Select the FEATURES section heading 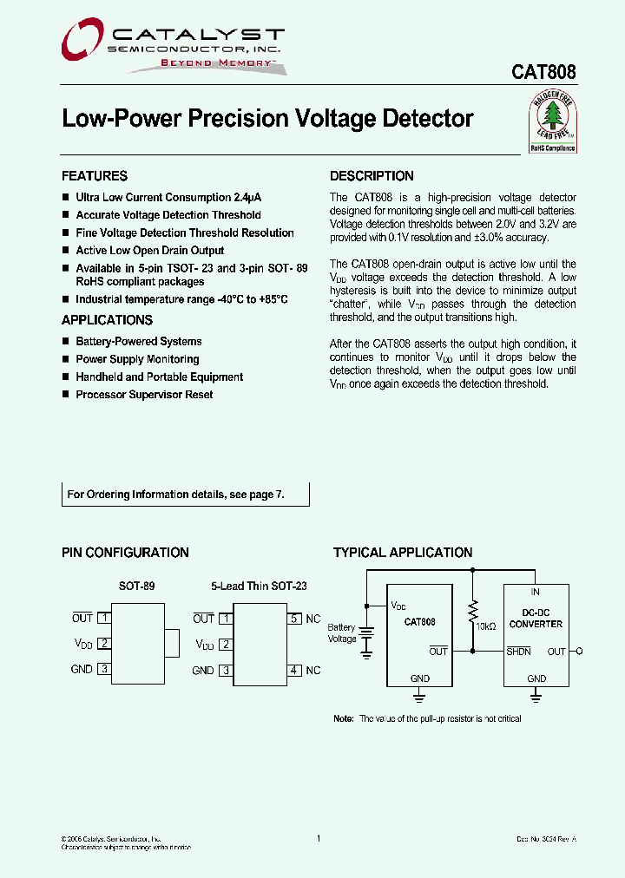click(x=95, y=175)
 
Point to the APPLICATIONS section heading click(x=107, y=320)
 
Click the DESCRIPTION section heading click(x=372, y=175)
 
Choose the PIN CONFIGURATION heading click(x=125, y=553)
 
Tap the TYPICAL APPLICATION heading click(x=403, y=553)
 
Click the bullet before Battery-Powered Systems click(x=65, y=342)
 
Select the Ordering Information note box click(x=185, y=495)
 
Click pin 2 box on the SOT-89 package click(x=104, y=644)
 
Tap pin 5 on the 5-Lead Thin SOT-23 click(x=295, y=619)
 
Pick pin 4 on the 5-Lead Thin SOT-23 click(x=295, y=670)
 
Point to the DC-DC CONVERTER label click(x=536, y=619)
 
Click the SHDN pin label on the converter click(x=518, y=652)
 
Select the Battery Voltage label click(x=342, y=633)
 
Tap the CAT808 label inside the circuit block click(x=420, y=622)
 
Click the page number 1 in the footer click(x=319, y=838)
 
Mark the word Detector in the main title click(x=423, y=119)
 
